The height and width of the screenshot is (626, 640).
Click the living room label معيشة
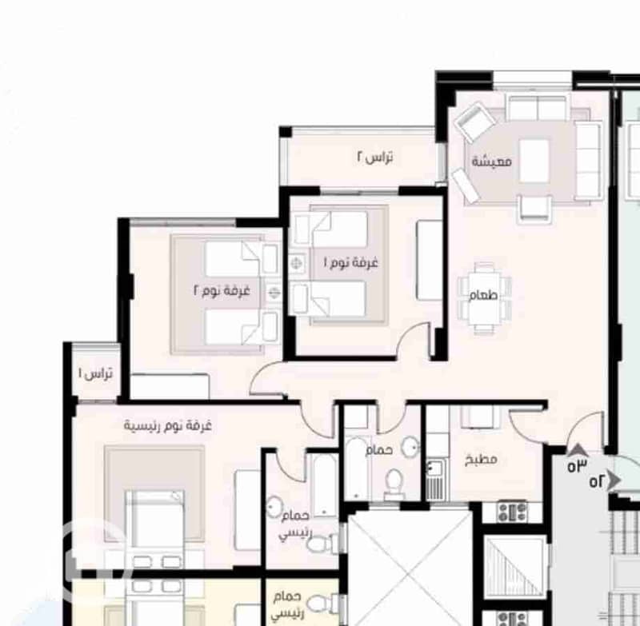pyautogui.click(x=491, y=161)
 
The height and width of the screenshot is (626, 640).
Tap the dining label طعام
pyautogui.click(x=483, y=295)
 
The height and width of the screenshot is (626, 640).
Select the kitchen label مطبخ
pyautogui.click(x=481, y=460)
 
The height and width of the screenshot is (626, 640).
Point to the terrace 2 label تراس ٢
pyautogui.click(x=375, y=157)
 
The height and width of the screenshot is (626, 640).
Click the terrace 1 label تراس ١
pyautogui.click(x=95, y=373)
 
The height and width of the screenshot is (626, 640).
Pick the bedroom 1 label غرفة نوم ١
pyautogui.click(x=351, y=262)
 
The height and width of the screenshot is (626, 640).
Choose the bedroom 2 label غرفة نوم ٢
pyautogui.click(x=222, y=291)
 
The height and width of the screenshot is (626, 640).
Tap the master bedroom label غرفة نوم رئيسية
pyautogui.click(x=168, y=426)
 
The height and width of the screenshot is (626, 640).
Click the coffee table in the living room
pyautogui.click(x=534, y=161)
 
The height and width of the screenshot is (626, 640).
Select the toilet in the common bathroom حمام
pyautogui.click(x=394, y=484)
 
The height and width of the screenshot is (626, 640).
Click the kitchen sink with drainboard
pyautogui.click(x=436, y=479)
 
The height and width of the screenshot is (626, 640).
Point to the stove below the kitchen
pyautogui.click(x=512, y=512)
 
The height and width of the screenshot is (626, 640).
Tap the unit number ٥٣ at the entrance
pyautogui.click(x=577, y=465)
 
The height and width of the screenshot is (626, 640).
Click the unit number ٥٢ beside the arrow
pyautogui.click(x=597, y=481)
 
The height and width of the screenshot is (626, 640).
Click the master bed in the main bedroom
pyautogui.click(x=154, y=526)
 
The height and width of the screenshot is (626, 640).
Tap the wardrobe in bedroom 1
pyautogui.click(x=430, y=260)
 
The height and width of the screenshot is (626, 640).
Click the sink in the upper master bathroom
pyautogui.click(x=274, y=507)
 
